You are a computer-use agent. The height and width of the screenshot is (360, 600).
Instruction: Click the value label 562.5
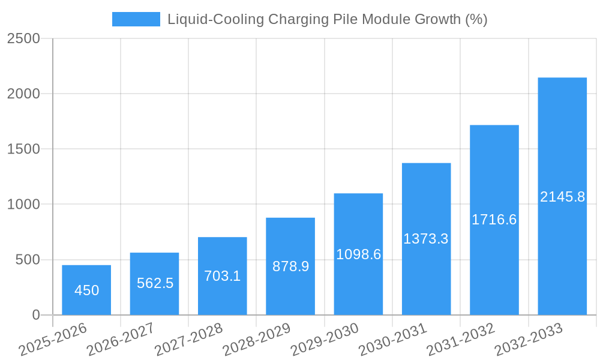pos(155,283)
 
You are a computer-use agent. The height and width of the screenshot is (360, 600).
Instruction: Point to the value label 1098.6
pos(358,254)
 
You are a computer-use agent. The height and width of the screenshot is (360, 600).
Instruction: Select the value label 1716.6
pos(494,220)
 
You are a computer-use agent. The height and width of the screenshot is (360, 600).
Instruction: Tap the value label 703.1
pos(222,276)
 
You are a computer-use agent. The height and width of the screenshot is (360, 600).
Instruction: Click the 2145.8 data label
pos(562,197)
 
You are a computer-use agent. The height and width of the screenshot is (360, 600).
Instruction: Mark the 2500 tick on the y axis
pos(24,39)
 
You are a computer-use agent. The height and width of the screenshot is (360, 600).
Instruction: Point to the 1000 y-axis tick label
pos(24,205)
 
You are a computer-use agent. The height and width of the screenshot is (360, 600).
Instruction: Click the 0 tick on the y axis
pos(35,315)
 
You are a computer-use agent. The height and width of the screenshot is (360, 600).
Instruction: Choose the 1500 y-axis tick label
pos(24,149)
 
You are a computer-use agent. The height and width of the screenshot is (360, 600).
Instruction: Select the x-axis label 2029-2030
pos(325,340)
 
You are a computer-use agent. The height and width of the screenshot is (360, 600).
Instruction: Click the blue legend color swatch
pos(136,19)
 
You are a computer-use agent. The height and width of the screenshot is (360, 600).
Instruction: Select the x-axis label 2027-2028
pos(189,340)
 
